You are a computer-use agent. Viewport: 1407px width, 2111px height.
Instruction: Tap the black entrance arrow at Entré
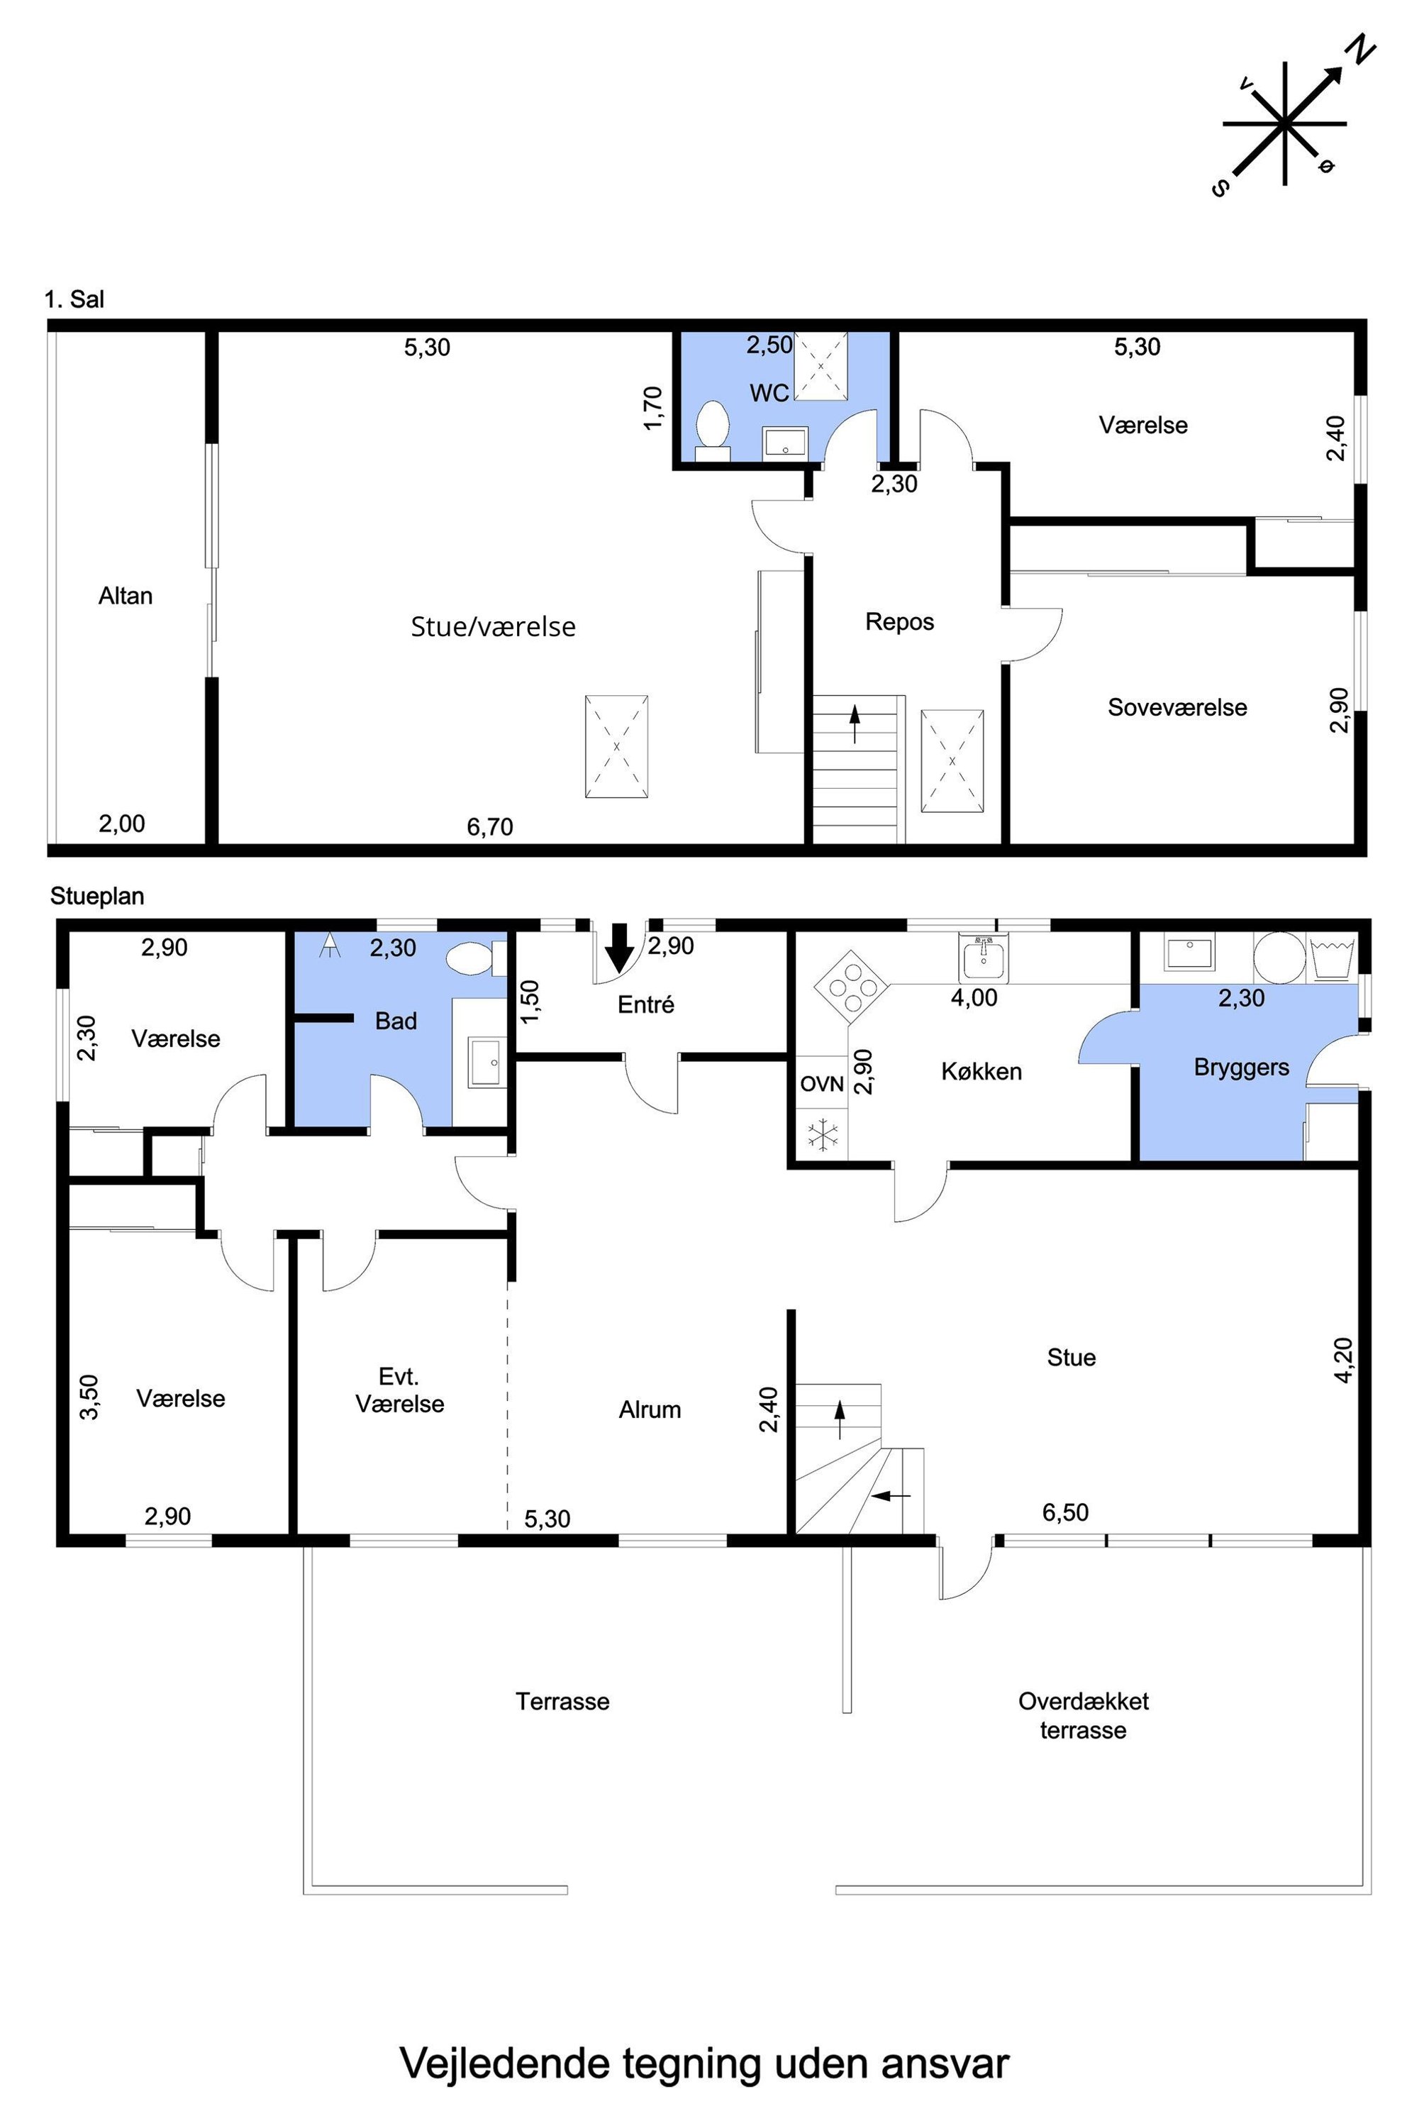click(x=618, y=948)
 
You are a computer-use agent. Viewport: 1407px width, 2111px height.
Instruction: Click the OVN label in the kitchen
click(x=822, y=1084)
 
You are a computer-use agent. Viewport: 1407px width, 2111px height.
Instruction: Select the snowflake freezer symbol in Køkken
click(x=822, y=1134)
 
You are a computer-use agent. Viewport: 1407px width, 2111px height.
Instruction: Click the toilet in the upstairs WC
click(x=713, y=430)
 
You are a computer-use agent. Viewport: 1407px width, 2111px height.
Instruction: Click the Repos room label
click(x=899, y=622)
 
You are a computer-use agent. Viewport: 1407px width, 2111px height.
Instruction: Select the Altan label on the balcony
click(x=126, y=596)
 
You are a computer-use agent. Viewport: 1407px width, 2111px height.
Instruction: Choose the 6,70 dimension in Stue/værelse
click(x=490, y=826)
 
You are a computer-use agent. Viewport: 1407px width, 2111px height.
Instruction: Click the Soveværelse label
click(x=1177, y=707)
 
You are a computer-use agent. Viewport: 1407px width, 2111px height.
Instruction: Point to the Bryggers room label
click(x=1241, y=1067)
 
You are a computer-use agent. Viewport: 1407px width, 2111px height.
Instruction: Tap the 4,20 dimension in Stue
click(x=1343, y=1360)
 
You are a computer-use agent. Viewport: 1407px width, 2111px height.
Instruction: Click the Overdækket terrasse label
click(x=1083, y=1715)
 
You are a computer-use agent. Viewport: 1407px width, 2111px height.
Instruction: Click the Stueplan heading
click(x=97, y=896)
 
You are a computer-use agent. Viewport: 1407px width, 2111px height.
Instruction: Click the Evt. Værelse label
click(x=400, y=1390)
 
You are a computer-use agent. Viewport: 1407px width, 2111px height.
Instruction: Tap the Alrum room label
click(x=650, y=1410)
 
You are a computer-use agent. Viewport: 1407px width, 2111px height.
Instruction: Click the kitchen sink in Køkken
click(x=984, y=958)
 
